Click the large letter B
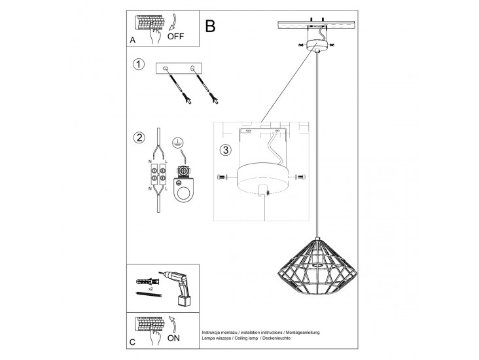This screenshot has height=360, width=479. (x=210, y=26)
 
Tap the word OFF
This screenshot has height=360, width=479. (x=176, y=37)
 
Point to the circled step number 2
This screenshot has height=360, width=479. (x=138, y=137)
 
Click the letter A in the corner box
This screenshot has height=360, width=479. (x=133, y=40)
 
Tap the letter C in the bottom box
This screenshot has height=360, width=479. (x=133, y=342)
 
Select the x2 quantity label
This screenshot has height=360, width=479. (x=150, y=288)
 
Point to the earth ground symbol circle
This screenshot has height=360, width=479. (x=177, y=143)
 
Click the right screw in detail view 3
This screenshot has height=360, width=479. (x=300, y=177)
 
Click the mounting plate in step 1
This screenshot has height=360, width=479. (x=179, y=69)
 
